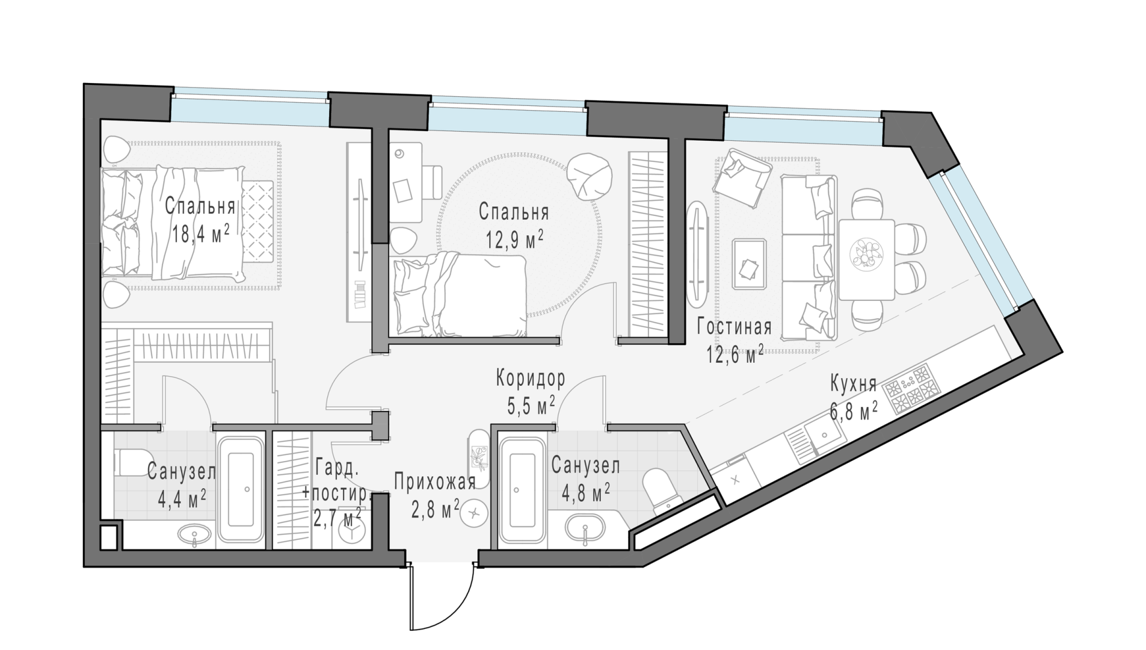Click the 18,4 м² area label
(200, 234)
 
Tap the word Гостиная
(734, 327)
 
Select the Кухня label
(853, 383)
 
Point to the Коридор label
(531, 379)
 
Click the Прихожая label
(435, 481)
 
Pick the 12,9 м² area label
(515, 239)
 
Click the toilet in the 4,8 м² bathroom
(661, 487)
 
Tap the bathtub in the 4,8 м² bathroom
(521, 489)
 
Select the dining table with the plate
(866, 259)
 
